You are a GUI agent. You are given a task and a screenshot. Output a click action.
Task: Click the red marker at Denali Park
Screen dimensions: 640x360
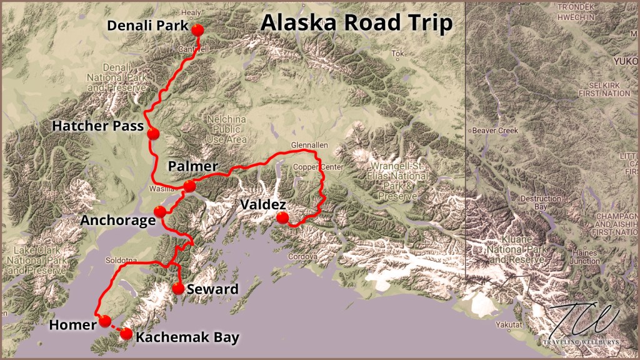[x=198, y=30]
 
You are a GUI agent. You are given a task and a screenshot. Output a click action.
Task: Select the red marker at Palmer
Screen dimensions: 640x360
[x=189, y=186]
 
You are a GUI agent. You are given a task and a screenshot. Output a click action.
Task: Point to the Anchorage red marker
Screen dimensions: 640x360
[x=159, y=211]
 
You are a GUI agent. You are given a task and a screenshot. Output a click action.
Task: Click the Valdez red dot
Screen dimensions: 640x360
[x=282, y=218]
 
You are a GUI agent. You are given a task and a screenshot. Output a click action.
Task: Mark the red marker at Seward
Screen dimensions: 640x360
[x=178, y=289]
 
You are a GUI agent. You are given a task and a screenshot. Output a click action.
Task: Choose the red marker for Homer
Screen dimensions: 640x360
[x=105, y=321]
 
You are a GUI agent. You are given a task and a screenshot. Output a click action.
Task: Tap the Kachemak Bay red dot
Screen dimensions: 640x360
[x=126, y=334]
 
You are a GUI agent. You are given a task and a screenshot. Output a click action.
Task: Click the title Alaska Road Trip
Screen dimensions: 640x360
[x=356, y=23]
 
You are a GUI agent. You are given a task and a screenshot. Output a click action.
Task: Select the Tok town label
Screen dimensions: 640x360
[x=398, y=54]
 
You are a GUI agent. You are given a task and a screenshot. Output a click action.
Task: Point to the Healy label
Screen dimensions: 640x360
[x=191, y=12]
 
